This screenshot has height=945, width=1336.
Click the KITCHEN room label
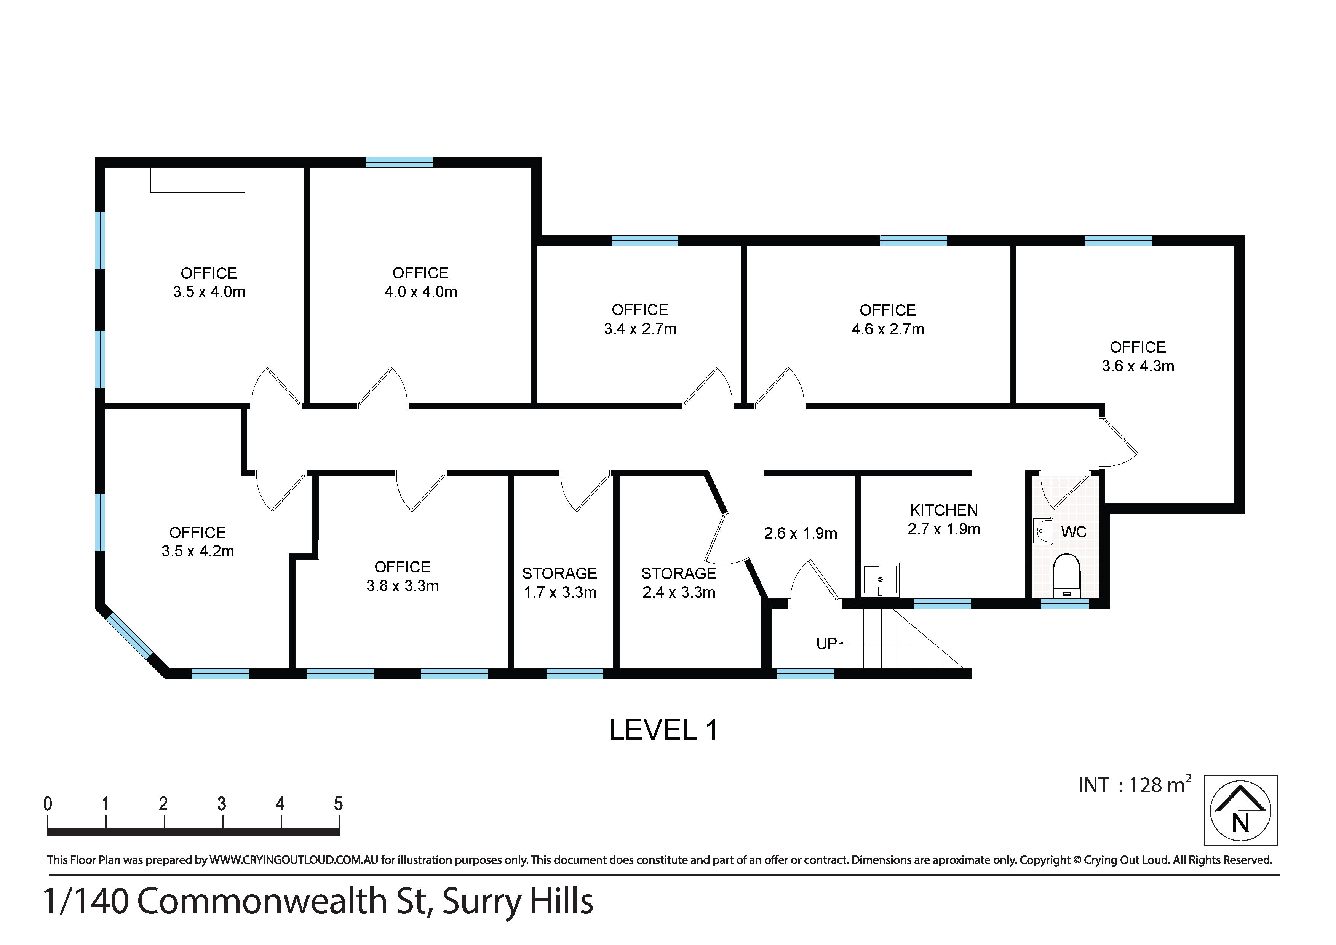click(x=944, y=510)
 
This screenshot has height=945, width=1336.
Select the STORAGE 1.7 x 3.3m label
click(x=560, y=582)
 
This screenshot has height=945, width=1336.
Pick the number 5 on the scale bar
click(x=338, y=804)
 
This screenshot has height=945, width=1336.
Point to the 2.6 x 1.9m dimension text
click(x=800, y=533)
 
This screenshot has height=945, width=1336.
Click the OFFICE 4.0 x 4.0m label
click(x=421, y=282)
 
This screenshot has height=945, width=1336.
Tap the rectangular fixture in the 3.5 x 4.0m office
click(x=197, y=180)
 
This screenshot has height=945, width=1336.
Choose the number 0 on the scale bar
click(x=48, y=804)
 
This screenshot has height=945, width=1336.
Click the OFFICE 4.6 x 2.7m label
click(x=888, y=320)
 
